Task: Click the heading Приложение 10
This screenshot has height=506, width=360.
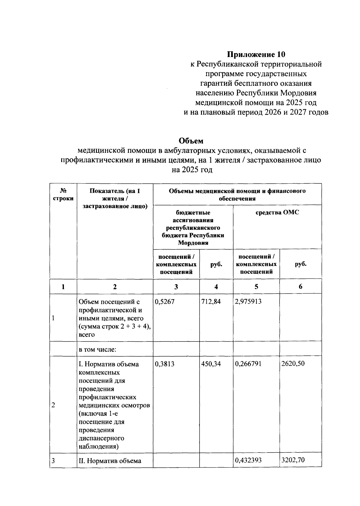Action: tap(256, 54)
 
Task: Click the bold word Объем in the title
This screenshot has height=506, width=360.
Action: tap(191, 141)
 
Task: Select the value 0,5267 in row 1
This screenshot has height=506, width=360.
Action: tap(164, 302)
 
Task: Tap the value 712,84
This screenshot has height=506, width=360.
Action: tap(211, 302)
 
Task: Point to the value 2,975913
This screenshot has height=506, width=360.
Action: tap(248, 302)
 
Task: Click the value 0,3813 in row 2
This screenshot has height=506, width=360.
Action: tap(164, 364)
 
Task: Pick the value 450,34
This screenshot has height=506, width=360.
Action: tap(211, 364)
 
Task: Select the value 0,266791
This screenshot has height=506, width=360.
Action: tap(248, 364)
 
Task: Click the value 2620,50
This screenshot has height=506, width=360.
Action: tap(293, 364)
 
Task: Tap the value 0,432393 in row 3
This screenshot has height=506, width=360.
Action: tap(248, 460)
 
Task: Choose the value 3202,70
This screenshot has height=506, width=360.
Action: tap(293, 460)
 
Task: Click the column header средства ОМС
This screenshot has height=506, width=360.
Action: tap(277, 212)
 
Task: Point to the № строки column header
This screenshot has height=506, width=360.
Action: tap(63, 194)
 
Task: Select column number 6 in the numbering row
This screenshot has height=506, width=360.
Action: tap(300, 287)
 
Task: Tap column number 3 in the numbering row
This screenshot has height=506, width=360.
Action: tap(176, 287)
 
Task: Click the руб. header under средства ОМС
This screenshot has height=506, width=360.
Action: tap(300, 264)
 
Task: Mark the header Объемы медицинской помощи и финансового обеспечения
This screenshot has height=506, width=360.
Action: tap(237, 194)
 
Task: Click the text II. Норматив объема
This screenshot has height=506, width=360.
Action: tap(110, 461)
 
